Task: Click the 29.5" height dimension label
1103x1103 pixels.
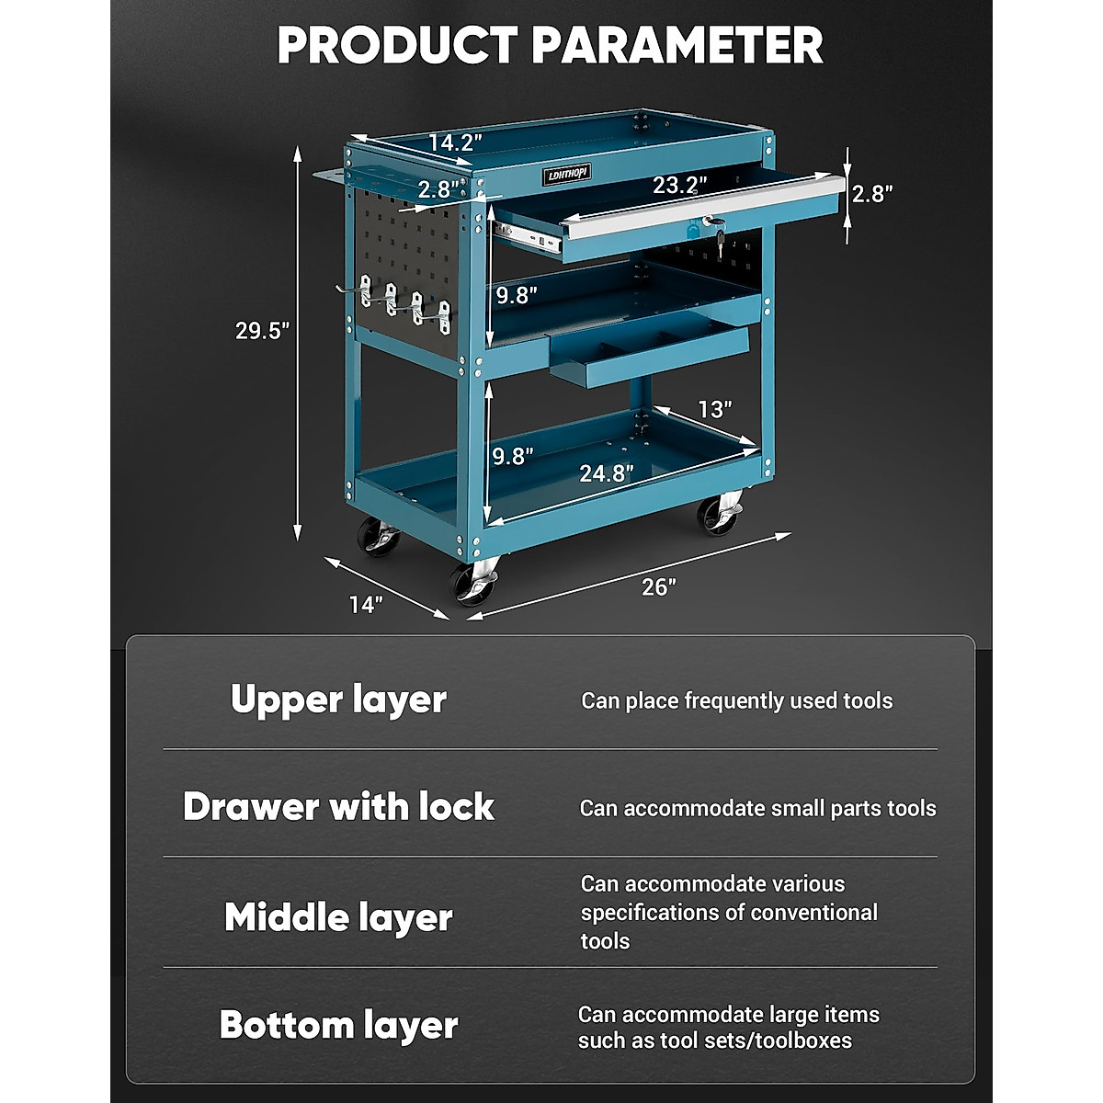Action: pyautogui.click(x=262, y=331)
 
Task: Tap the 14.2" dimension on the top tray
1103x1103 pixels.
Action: pyautogui.click(x=455, y=142)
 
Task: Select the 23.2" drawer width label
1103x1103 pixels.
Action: pyautogui.click(x=680, y=185)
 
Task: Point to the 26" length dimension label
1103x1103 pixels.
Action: pyautogui.click(x=659, y=586)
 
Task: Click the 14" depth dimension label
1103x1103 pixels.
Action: pyautogui.click(x=365, y=604)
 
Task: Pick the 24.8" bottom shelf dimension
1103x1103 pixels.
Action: pyautogui.click(x=606, y=473)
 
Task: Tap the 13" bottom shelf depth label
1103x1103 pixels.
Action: pyautogui.click(x=714, y=409)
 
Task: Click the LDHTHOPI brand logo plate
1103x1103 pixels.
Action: pyautogui.click(x=565, y=174)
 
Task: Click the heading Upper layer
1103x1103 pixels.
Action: pyautogui.click(x=338, y=700)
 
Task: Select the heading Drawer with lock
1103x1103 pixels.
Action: pyautogui.click(x=338, y=807)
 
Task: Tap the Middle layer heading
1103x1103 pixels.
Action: pyautogui.click(x=338, y=917)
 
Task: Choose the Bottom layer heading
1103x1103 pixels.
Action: pyautogui.click(x=338, y=1025)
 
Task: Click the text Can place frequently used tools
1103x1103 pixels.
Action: pyautogui.click(x=736, y=701)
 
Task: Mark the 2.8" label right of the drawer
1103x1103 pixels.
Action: pyautogui.click(x=872, y=194)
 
